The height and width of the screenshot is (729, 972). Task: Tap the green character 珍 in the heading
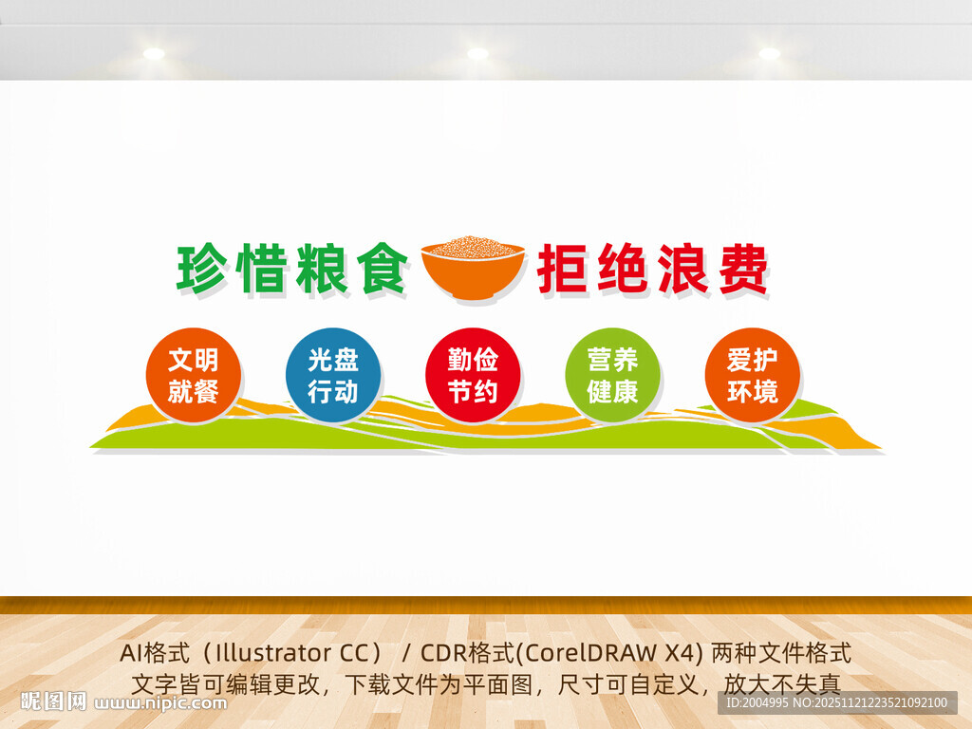[203, 269]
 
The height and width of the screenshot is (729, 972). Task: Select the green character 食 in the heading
[379, 269]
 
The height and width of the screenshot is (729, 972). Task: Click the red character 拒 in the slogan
[565, 269]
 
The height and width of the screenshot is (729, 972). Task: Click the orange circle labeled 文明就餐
[194, 375]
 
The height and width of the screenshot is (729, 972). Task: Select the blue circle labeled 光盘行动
[333, 375]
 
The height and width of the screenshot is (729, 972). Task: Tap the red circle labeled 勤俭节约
[473, 375]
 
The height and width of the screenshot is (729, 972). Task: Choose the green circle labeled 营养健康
[612, 375]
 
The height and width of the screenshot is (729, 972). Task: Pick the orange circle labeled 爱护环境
[752, 375]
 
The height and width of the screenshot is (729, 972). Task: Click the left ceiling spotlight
[154, 53]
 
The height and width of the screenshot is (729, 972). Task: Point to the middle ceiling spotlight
[477, 53]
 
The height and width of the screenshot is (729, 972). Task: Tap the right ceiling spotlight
[769, 53]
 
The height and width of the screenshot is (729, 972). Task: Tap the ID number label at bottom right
[835, 703]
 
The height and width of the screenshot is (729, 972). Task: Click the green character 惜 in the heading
[261, 269]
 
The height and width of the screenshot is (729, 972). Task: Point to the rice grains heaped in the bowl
[473, 248]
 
